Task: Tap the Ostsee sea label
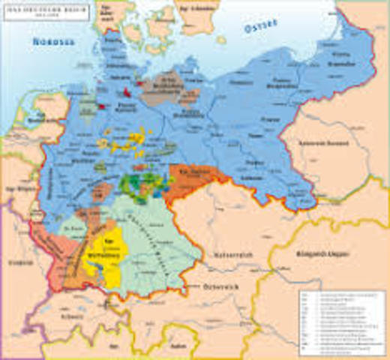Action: [x=260, y=28]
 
